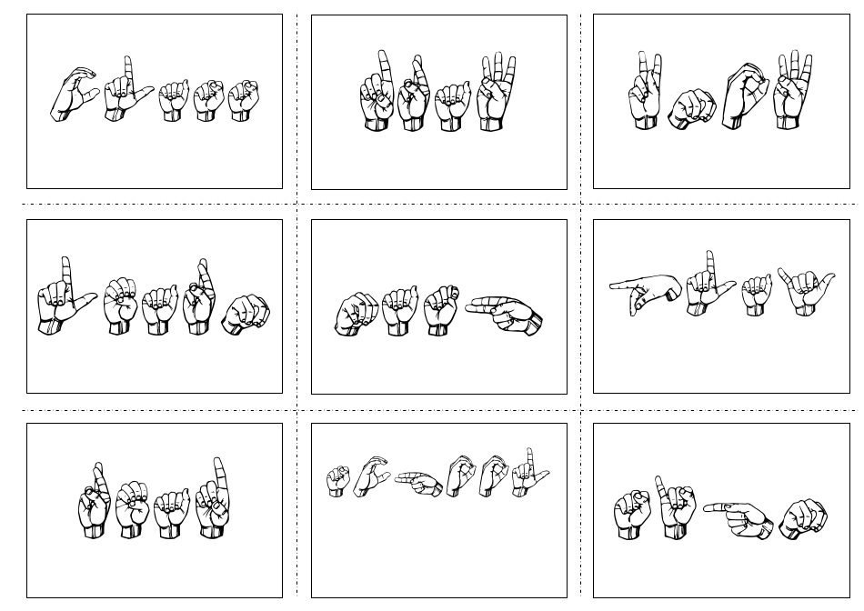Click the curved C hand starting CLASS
tap(73, 94)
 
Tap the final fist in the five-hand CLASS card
tap(243, 100)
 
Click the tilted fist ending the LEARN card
tap(246, 314)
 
